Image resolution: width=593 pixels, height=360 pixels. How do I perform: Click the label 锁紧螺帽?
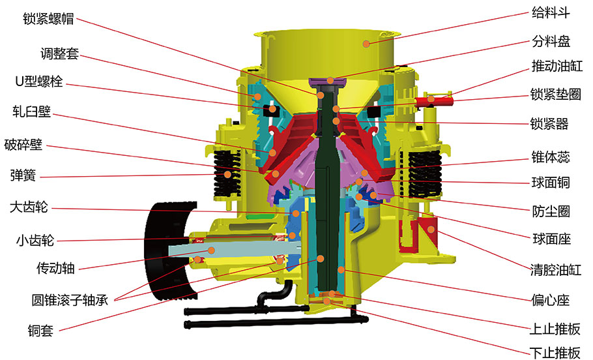[x=48, y=18]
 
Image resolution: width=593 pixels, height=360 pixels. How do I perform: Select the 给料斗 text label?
[x=551, y=13]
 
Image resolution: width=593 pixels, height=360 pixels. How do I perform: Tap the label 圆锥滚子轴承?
[x=70, y=300]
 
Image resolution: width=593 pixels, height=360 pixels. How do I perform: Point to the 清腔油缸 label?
[x=556, y=270]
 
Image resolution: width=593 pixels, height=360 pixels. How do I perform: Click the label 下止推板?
[x=555, y=353]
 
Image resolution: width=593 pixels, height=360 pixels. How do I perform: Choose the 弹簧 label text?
[x=23, y=175]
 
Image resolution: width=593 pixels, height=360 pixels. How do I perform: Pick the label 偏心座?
[x=550, y=300]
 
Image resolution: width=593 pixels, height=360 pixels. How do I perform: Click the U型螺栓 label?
[x=39, y=81]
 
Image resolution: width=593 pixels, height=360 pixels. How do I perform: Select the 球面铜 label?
[x=551, y=183]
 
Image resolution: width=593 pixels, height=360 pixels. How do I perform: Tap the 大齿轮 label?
[x=29, y=207]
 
